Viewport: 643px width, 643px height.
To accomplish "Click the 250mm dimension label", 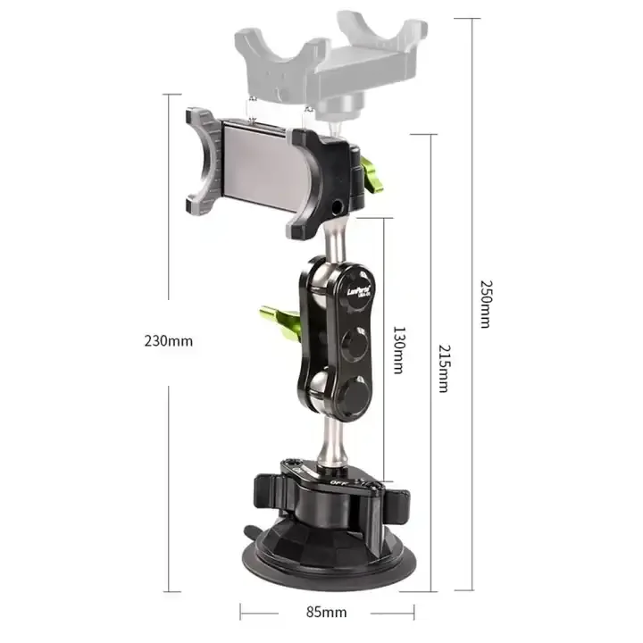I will point(485,304).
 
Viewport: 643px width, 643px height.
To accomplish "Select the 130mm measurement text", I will point(399,347).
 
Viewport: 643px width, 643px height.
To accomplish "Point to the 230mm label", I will point(168,340).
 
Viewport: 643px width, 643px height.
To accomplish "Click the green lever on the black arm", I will point(274,315).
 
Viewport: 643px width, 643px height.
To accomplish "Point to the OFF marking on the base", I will point(338,481).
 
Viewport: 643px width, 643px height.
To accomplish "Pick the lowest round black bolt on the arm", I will point(355,394).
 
